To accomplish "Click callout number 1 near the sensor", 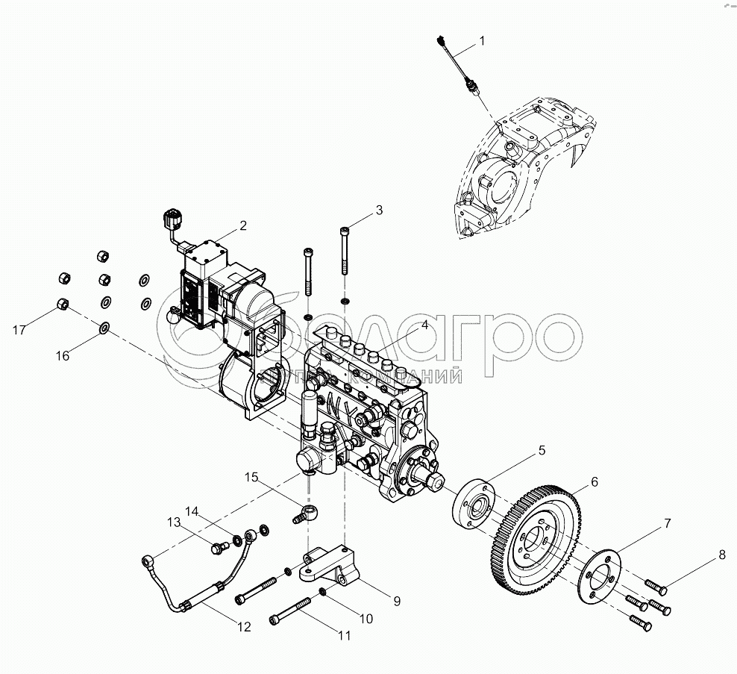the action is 481,41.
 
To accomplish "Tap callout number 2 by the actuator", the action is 242,225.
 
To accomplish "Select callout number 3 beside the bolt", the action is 379,210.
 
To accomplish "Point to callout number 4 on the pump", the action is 424,325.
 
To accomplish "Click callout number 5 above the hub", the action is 542,450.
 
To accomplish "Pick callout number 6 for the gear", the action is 595,482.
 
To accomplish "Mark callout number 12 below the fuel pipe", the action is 243,627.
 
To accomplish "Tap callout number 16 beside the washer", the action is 63,356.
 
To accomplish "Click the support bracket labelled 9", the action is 330,568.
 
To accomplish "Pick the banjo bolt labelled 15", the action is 304,514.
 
